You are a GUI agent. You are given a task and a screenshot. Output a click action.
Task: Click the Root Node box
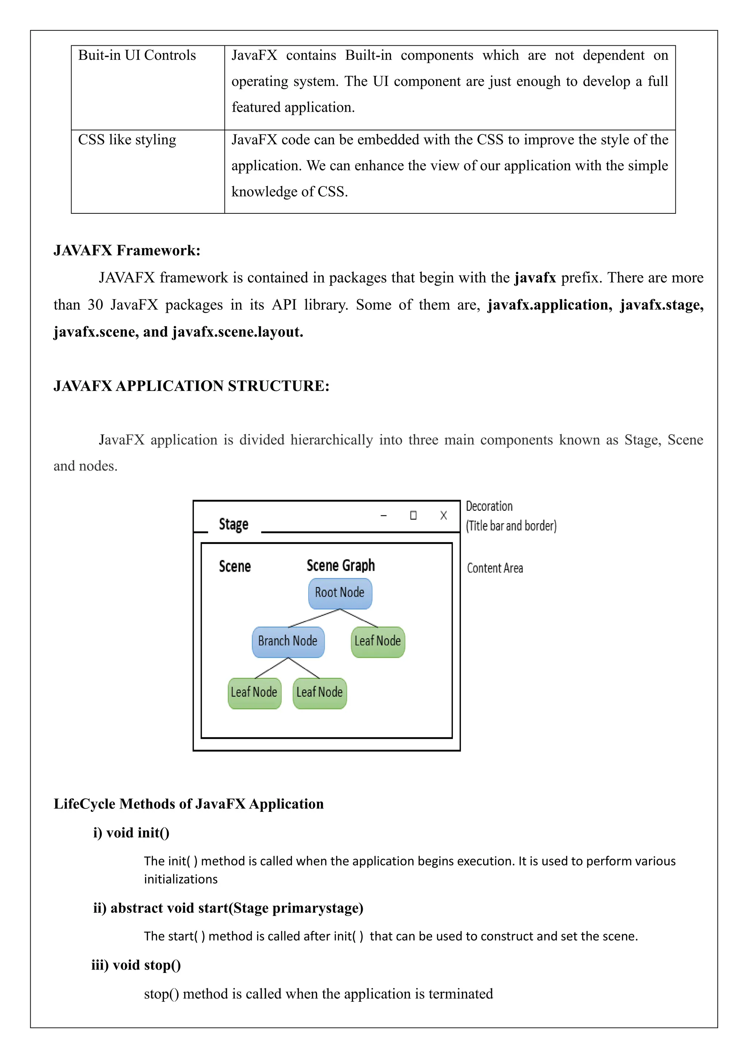pos(340,593)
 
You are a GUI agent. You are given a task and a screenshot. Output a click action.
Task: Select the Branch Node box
pos(288,642)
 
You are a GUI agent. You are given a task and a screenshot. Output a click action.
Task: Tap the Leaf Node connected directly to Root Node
pos(378,642)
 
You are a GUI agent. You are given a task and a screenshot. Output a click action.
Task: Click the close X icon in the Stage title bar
pos(443,515)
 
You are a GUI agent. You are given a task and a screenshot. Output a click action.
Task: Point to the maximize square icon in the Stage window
pos(413,515)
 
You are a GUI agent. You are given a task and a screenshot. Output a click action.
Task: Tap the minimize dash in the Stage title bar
pos(383,515)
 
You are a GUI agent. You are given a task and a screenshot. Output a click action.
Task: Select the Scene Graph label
pos(340,566)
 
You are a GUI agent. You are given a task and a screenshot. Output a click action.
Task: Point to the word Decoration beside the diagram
pos(489,506)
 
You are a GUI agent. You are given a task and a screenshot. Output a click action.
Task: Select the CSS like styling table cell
pos(127,140)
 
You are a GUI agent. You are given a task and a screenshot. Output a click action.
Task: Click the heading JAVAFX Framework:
pos(127,250)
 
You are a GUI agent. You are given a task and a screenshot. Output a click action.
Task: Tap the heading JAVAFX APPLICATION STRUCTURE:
pos(191,386)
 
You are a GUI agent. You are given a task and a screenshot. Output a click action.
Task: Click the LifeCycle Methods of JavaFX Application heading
pos(188,804)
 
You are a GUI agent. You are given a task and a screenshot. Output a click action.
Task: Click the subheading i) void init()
pos(131,833)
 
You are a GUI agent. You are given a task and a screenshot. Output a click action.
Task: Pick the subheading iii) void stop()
pos(136,964)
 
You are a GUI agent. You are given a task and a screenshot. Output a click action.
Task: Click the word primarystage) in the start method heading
pos(317,908)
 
